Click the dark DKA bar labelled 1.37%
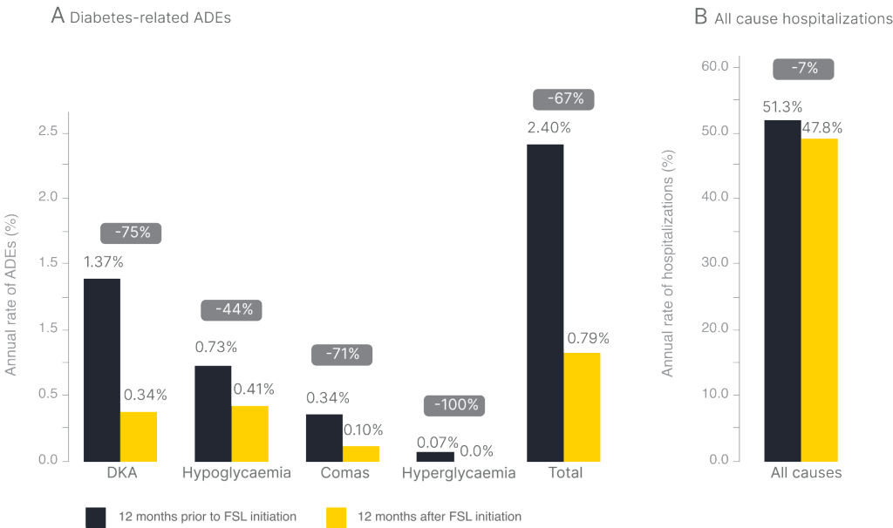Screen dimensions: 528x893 (x=102, y=369)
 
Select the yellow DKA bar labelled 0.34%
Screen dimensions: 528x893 (x=139, y=436)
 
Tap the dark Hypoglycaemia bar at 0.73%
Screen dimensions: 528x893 (x=213, y=412)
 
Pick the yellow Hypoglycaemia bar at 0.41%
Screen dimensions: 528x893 (x=250, y=432)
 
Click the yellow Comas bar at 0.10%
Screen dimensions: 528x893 (x=361, y=452)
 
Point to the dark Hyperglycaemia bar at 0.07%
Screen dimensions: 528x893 (x=434, y=456)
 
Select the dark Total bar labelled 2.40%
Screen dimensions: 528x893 (x=545, y=301)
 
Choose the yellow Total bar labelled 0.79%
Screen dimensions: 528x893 (x=582, y=406)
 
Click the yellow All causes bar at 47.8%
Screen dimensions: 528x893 (x=820, y=299)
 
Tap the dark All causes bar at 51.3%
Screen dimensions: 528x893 (x=782, y=289)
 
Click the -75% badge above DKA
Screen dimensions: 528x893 (x=131, y=233)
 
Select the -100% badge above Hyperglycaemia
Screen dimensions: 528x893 (x=453, y=405)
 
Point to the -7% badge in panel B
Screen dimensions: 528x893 (x=803, y=69)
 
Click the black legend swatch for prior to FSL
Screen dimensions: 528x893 (x=96, y=517)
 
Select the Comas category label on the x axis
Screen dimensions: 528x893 (x=344, y=474)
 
